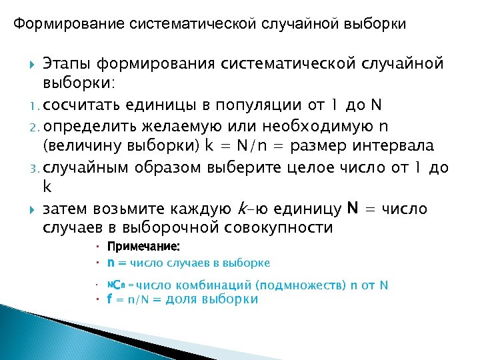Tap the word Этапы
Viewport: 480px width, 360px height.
click(x=66, y=64)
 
